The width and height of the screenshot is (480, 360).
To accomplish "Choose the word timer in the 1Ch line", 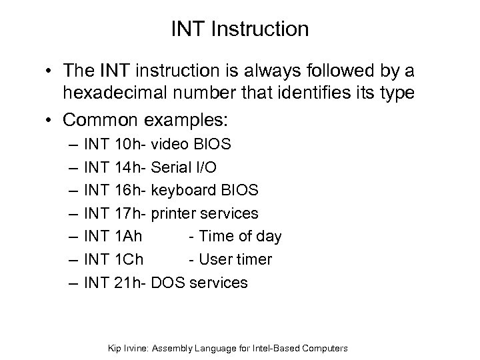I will click(x=254, y=260).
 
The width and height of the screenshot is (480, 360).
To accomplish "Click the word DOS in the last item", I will click(x=168, y=283).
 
